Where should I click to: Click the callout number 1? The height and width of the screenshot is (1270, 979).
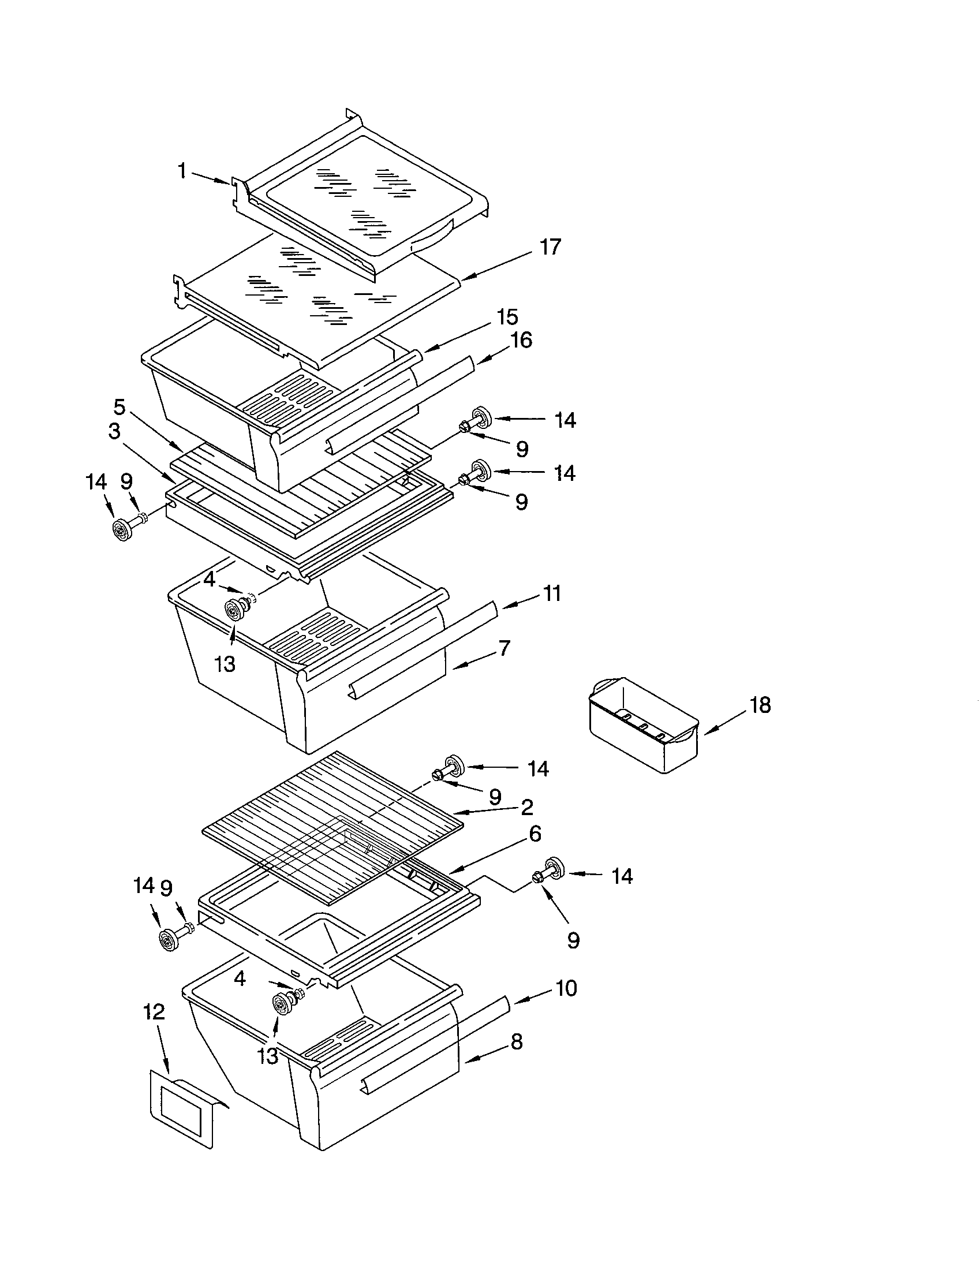pos(182,171)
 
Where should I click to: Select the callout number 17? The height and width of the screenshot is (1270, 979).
pos(550,247)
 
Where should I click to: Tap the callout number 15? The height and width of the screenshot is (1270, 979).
pos(507,317)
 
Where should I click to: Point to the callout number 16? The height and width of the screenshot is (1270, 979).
pos(521,340)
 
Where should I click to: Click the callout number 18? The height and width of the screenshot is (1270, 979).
pos(760,705)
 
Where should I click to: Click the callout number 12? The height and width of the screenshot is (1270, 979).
pos(154,1012)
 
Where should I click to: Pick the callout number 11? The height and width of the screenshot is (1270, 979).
pos(552,593)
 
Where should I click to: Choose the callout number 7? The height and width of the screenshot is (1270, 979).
pos(504,648)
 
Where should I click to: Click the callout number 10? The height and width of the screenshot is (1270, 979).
pos(566,988)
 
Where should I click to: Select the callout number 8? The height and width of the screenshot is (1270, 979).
pos(516,1041)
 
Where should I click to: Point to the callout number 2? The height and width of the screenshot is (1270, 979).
pos(526,807)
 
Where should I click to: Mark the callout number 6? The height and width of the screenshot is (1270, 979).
pos(535,834)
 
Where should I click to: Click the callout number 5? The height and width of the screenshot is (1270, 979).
pos(118,407)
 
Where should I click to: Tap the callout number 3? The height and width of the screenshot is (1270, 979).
pos(114,431)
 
